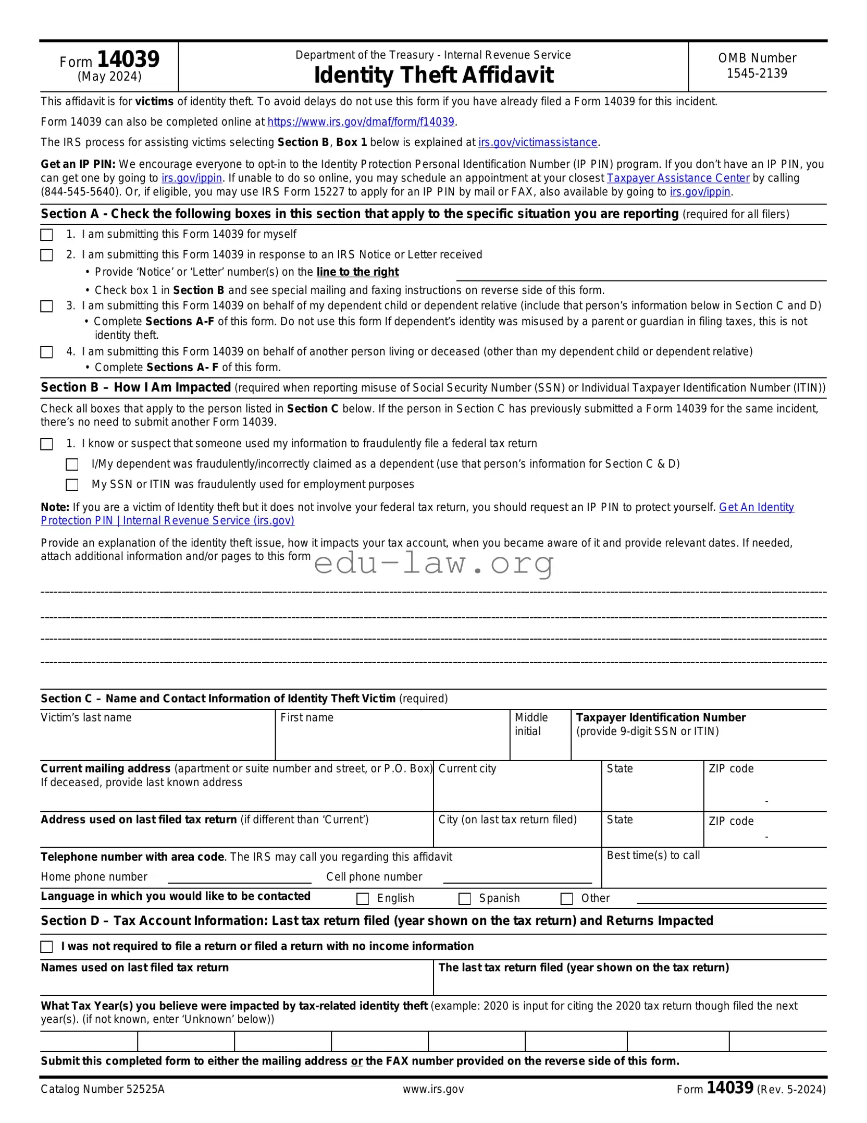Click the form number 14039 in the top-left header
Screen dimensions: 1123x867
pyautogui.click(x=128, y=59)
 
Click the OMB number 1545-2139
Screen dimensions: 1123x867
pyautogui.click(x=757, y=74)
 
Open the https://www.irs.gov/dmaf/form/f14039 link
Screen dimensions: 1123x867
pyautogui.click(x=361, y=122)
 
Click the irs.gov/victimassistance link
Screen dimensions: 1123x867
pyautogui.click(x=538, y=142)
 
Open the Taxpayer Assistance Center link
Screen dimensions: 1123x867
pyautogui.click(x=678, y=178)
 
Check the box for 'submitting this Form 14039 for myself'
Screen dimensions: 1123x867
pyautogui.click(x=47, y=235)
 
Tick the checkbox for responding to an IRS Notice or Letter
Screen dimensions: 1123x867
pyautogui.click(x=47, y=255)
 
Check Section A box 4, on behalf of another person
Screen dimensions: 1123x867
pyautogui.click(x=47, y=352)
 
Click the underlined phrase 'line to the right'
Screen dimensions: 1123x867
pyautogui.click(x=357, y=272)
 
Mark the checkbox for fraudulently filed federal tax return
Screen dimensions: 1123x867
pyautogui.click(x=47, y=444)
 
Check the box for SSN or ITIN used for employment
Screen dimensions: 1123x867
pyautogui.click(x=72, y=485)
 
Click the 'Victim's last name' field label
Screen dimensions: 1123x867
pyautogui.click(x=86, y=718)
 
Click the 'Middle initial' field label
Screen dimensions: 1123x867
pyautogui.click(x=531, y=724)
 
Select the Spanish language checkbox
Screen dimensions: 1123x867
pyautogui.click(x=464, y=899)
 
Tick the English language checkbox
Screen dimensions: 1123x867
pyautogui.click(x=363, y=899)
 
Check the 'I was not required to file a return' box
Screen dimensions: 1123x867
pyautogui.click(x=47, y=947)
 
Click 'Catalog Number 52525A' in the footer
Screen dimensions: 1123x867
pyautogui.click(x=103, y=1089)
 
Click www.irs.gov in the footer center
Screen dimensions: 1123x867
pyautogui.click(x=433, y=1089)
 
